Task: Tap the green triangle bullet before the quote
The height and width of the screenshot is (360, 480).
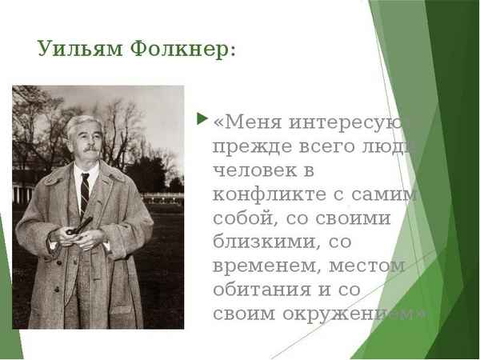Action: tap(202, 120)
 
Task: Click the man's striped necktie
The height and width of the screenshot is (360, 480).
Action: tap(85, 192)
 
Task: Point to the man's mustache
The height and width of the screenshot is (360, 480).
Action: tap(89, 148)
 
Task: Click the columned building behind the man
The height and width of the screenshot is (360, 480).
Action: tap(24, 188)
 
